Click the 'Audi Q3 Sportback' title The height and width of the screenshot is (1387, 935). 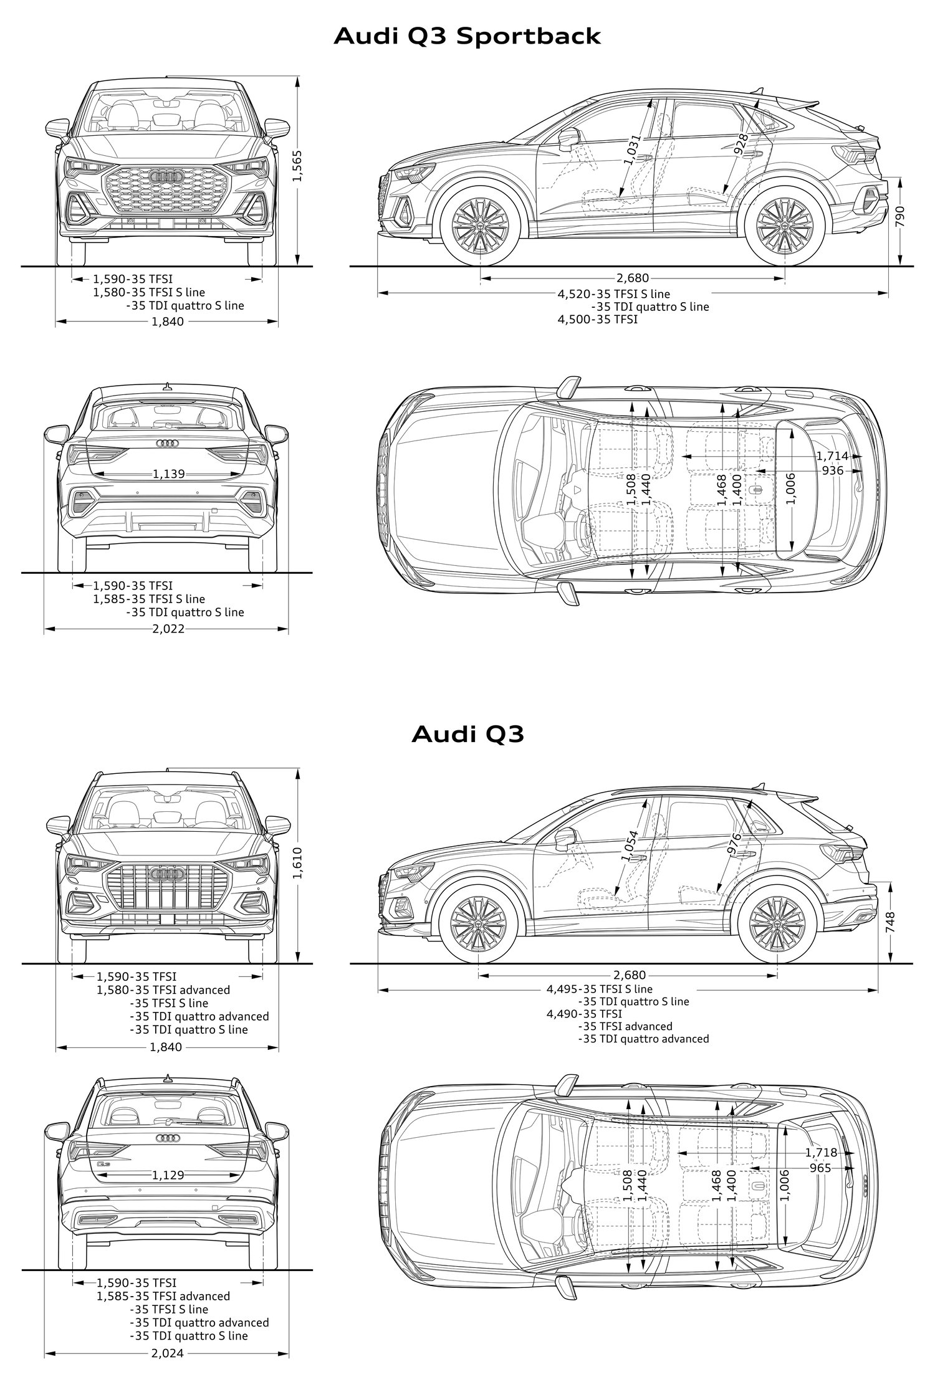point(467,37)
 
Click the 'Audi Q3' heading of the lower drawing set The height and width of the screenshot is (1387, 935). point(467,734)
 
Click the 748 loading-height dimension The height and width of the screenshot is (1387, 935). point(890,921)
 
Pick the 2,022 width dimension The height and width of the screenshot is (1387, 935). point(168,629)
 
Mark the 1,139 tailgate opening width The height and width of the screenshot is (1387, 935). point(168,474)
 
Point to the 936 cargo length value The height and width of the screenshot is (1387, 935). point(833,470)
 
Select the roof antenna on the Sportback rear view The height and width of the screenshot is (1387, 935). point(167,386)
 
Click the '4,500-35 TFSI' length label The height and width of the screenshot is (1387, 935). point(597,320)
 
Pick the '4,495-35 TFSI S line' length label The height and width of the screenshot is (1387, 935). point(600,989)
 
